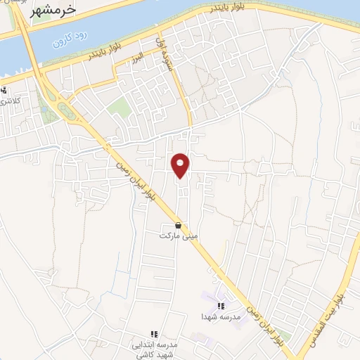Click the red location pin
coord(181,164)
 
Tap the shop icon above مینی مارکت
coord(177,225)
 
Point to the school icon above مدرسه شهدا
coord(221,306)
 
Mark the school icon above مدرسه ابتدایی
coord(153,333)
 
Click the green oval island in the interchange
coord(65,110)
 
